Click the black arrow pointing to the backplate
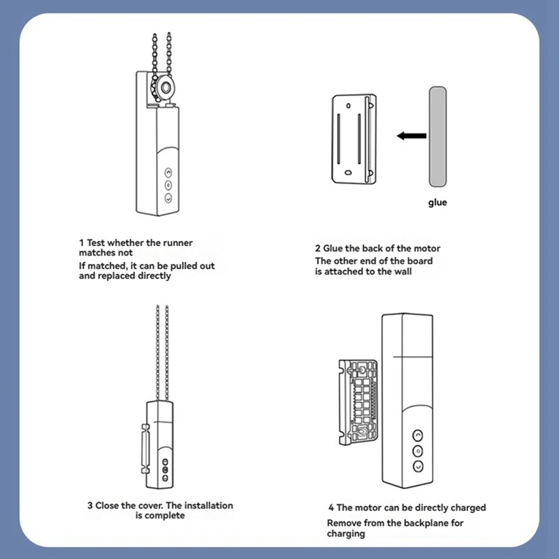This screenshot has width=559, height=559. [x=411, y=136]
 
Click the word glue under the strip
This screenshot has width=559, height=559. [x=437, y=203]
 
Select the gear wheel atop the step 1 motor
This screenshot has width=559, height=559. [x=167, y=87]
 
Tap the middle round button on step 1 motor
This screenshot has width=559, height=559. [x=168, y=184]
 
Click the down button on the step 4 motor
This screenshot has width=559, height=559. [x=418, y=466]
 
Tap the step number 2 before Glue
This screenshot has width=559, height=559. [x=317, y=249]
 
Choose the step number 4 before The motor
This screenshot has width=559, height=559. [x=331, y=508]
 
